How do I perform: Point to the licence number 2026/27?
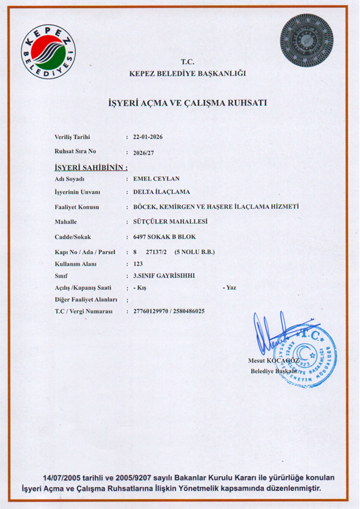point(143,153)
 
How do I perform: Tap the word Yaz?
point(231,287)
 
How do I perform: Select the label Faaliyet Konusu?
point(77,208)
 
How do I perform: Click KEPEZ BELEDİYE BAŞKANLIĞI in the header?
point(188,74)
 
